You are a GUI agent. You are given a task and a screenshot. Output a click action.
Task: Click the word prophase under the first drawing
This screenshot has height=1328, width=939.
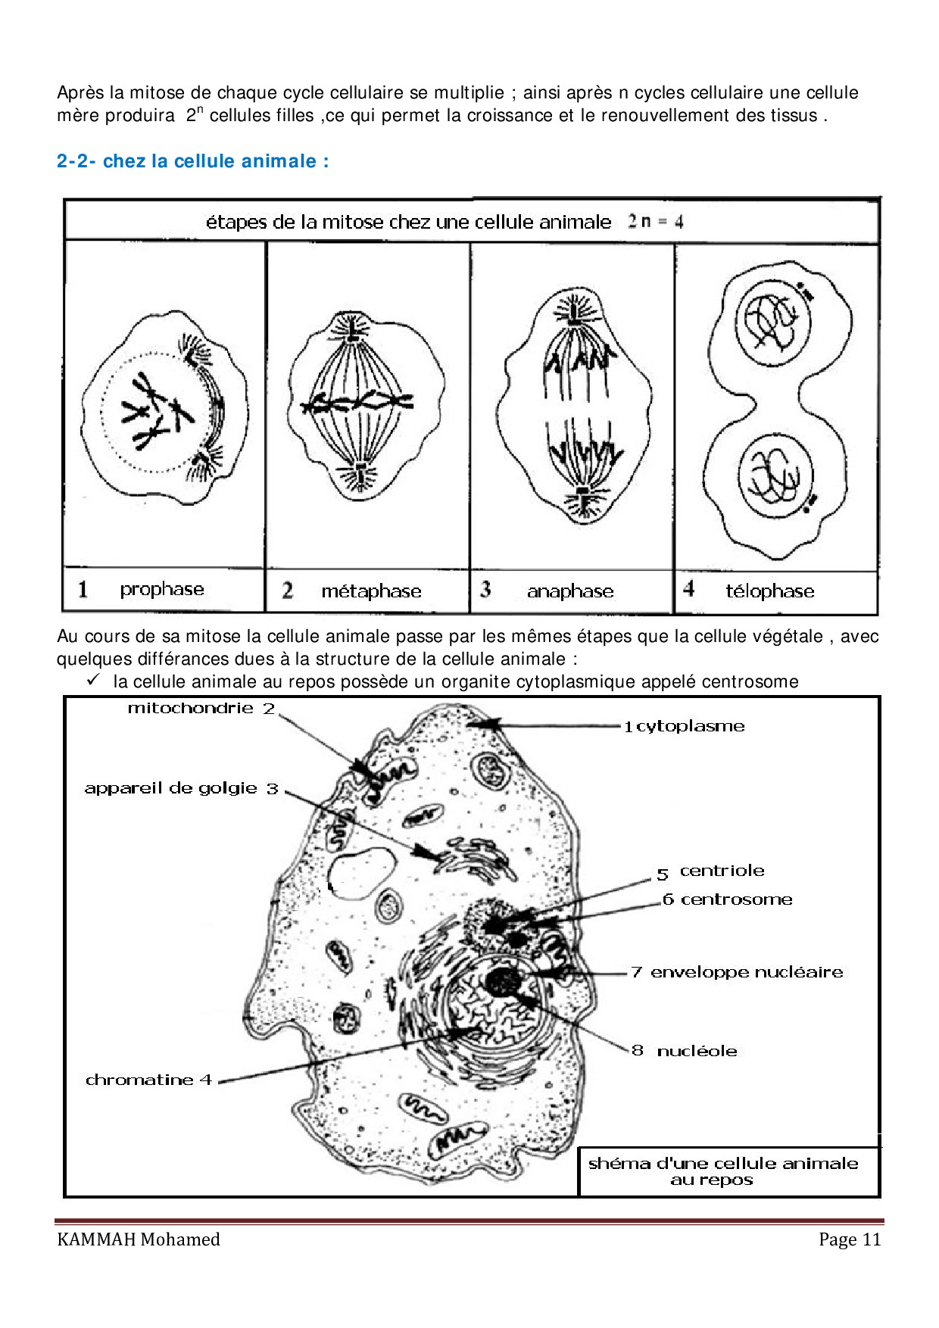161,589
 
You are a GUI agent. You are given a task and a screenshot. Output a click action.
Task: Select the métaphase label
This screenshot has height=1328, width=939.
371,591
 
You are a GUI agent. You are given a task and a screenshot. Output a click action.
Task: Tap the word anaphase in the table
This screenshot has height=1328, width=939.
570,591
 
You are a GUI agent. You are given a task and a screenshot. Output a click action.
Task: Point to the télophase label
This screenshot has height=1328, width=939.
769,591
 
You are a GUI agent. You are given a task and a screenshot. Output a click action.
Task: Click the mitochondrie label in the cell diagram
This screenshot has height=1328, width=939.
191,709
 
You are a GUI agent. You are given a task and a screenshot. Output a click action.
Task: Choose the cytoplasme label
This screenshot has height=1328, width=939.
690,726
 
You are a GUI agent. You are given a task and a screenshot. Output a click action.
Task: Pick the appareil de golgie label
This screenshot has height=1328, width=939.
171,788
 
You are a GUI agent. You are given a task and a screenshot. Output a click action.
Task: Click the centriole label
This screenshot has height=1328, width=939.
722,871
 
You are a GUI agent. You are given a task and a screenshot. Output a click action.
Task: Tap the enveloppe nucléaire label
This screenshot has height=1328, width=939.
746,972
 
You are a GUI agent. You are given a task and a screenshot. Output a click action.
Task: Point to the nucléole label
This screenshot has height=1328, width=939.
697,1051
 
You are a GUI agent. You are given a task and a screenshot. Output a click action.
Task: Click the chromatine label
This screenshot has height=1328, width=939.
139,1080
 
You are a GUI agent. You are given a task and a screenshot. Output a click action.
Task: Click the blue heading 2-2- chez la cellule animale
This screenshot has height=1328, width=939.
192,161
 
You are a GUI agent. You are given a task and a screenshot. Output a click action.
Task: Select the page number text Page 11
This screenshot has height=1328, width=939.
850,1239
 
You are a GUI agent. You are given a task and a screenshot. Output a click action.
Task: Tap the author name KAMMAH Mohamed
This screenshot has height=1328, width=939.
139,1239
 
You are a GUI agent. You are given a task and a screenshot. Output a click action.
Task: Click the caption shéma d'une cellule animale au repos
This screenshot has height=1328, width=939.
722,1171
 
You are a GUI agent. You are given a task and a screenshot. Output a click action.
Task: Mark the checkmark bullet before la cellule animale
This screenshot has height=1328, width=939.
93,681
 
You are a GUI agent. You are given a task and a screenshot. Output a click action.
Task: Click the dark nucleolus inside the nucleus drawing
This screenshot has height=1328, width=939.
502,982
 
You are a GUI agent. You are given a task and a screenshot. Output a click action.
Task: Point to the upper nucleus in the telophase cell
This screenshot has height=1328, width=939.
772,323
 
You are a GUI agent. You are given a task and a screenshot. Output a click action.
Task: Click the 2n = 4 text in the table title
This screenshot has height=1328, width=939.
655,222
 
